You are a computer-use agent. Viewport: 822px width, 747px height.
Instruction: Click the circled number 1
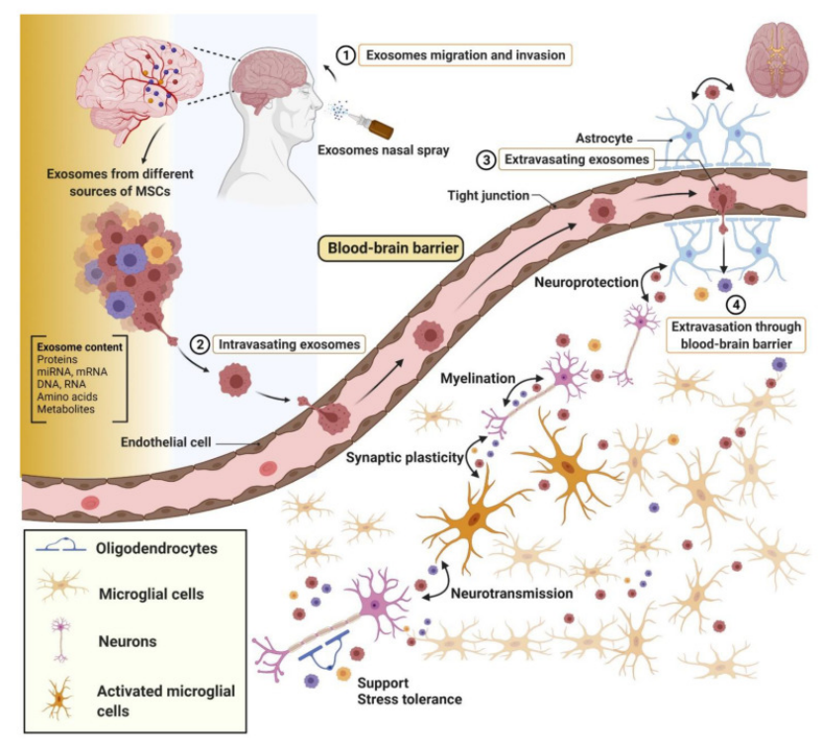click(345, 55)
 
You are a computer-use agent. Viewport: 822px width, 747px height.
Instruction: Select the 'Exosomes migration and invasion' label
click(465, 55)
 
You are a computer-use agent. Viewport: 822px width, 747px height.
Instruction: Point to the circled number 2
click(200, 345)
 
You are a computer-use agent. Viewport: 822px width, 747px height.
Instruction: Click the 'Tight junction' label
click(486, 195)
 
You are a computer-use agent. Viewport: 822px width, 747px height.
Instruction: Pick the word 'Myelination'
click(476, 380)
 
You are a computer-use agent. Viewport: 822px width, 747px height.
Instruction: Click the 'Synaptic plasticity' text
click(405, 457)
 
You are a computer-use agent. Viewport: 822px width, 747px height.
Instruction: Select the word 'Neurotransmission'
click(511, 594)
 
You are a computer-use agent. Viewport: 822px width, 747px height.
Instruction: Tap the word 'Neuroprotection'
click(585, 282)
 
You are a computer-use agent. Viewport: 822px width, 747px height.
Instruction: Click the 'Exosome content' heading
click(79, 347)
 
